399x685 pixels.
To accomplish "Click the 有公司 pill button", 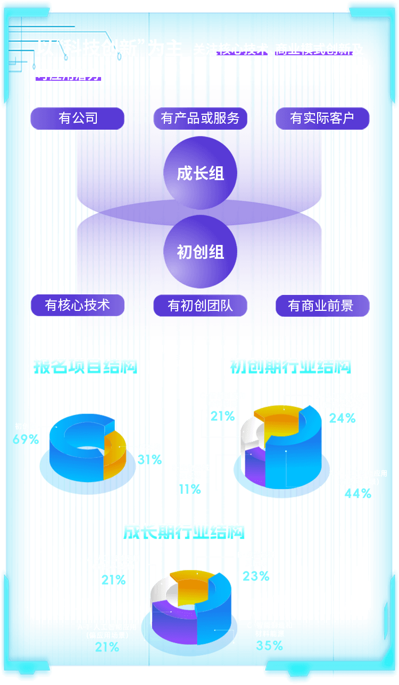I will click(x=78, y=118).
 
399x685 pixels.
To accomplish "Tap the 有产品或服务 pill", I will click(x=200, y=118).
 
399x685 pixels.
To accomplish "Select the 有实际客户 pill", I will click(x=322, y=118).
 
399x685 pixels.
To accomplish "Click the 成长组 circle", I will click(x=200, y=173).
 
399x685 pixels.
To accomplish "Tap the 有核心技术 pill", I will click(x=78, y=305).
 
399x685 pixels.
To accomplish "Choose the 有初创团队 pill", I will click(x=200, y=306).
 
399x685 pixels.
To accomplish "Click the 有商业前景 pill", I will click(x=322, y=306).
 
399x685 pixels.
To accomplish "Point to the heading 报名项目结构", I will click(x=86, y=366).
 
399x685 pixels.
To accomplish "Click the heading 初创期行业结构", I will click(x=290, y=366).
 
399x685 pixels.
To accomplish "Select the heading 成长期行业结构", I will click(x=184, y=531).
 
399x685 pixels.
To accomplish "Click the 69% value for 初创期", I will click(x=26, y=439).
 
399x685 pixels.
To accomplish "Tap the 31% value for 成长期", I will click(x=149, y=460).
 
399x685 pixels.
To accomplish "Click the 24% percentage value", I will click(x=342, y=418).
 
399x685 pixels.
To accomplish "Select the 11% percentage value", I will click(x=190, y=489).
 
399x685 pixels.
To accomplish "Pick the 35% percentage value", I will click(x=270, y=645).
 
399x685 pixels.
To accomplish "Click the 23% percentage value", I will click(x=256, y=576).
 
